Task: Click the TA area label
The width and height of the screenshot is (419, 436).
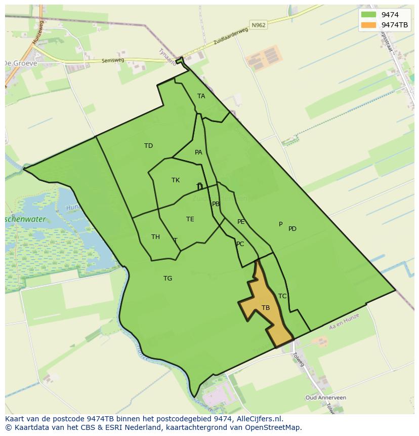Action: click(x=201, y=96)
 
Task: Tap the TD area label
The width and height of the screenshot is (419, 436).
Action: click(x=148, y=146)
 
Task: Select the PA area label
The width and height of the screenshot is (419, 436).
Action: click(x=198, y=152)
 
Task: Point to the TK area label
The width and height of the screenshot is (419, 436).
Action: click(x=176, y=180)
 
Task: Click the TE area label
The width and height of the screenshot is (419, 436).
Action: click(x=190, y=219)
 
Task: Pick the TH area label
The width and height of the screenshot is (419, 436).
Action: click(x=155, y=237)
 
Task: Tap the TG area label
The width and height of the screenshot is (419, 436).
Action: click(x=167, y=279)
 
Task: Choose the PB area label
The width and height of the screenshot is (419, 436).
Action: click(x=216, y=204)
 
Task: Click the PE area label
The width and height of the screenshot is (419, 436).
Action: click(x=241, y=222)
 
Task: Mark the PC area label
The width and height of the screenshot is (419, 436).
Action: click(x=240, y=244)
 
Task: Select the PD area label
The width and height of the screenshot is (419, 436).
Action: click(x=292, y=229)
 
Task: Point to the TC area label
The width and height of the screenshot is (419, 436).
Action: click(x=282, y=296)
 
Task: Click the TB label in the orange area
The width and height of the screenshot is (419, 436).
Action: click(x=266, y=308)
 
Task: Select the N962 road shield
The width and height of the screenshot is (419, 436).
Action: click(x=258, y=24)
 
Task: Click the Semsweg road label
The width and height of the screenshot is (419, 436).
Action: click(x=112, y=60)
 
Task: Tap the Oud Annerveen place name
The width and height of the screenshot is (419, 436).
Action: click(x=325, y=398)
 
